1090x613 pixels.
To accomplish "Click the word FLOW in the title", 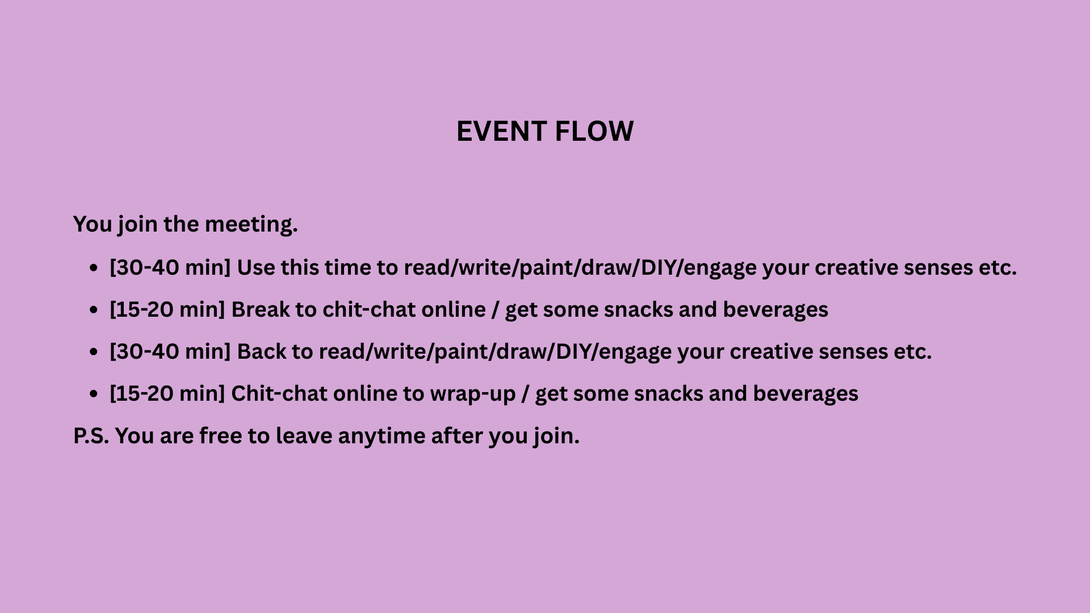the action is pos(594,132).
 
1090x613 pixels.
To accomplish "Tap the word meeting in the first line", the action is pos(251,225).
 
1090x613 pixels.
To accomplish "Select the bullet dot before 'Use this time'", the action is pos(94,268).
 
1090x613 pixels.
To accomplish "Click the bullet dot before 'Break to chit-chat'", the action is pos(94,310).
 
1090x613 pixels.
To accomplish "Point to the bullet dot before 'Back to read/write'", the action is pos(94,352).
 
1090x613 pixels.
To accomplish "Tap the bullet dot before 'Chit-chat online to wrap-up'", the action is pos(94,394).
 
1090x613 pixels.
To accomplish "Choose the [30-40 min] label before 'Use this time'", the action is pos(170,268).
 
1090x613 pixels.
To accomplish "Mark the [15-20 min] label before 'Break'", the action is pos(167,310).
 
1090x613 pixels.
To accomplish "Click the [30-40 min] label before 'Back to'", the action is pos(170,352).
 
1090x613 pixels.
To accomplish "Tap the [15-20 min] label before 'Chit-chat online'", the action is pos(167,394).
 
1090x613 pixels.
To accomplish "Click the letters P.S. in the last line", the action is pos(91,436).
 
